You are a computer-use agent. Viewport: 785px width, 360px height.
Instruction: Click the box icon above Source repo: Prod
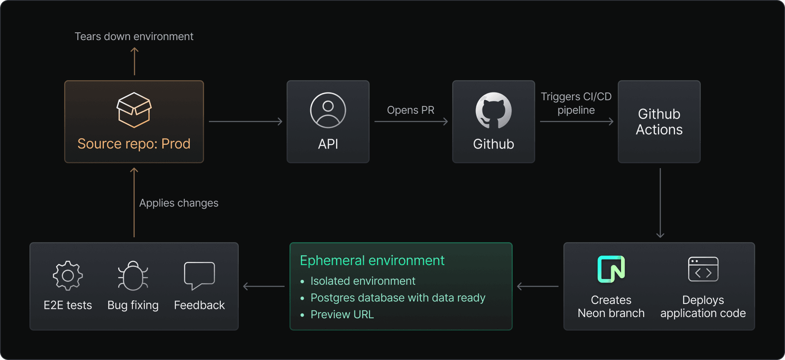coord(134,110)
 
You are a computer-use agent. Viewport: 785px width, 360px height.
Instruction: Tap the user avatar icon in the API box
coord(328,110)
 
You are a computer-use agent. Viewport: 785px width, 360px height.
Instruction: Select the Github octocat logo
coord(493,110)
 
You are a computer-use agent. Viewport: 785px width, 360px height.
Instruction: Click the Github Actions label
coord(659,122)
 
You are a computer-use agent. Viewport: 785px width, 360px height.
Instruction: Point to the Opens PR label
coord(410,110)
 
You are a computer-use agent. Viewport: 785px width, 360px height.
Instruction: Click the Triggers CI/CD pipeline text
coord(576,103)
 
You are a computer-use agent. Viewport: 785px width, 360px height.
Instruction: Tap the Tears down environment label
coord(134,36)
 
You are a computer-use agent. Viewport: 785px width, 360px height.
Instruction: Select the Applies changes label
coord(179,203)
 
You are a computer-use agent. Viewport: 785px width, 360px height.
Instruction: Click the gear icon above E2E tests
coord(68,276)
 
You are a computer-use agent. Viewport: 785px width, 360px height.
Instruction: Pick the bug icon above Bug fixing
coord(133,276)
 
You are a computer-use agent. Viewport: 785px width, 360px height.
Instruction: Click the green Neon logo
coord(611,269)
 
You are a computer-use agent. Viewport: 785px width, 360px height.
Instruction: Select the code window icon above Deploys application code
coord(703,269)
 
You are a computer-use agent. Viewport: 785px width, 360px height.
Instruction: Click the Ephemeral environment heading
coord(372,261)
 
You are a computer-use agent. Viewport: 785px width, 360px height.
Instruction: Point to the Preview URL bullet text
coord(342,315)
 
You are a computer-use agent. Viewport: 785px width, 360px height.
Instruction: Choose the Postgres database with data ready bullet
coord(398,298)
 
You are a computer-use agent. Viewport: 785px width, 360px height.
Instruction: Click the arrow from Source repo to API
coord(245,122)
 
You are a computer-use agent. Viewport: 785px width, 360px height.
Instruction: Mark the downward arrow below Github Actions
coord(660,203)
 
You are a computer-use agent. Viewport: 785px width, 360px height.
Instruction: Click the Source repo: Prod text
coord(134,144)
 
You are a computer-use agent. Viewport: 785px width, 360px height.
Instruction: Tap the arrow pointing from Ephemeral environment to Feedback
coord(264,286)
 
